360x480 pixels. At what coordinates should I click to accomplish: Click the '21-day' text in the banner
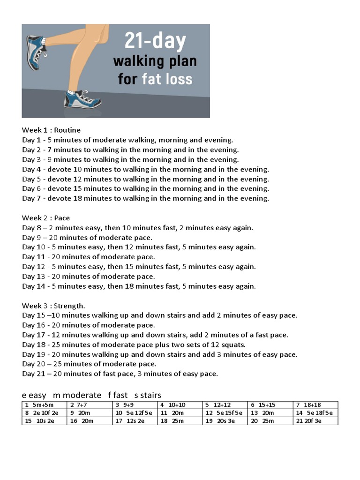coord(155,41)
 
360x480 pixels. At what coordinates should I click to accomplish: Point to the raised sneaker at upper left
coord(37,52)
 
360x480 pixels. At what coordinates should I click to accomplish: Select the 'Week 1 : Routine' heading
coord(51,130)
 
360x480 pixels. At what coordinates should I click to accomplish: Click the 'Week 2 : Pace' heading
coord(45,218)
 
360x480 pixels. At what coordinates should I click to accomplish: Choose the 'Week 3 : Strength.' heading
coord(53,306)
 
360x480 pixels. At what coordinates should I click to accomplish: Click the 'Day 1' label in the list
coord(31,140)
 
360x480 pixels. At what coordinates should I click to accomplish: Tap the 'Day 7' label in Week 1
coord(31,198)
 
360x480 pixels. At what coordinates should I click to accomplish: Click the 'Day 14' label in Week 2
coord(33,286)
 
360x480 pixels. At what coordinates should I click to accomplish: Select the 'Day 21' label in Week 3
coord(33,374)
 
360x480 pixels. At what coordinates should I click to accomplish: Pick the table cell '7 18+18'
coord(315,405)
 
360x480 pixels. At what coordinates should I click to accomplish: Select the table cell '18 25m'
coord(180,421)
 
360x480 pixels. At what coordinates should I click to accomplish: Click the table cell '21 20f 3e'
coord(315,421)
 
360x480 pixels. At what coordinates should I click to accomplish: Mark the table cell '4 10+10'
coord(180,405)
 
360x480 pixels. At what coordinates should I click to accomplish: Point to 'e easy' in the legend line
coord(34,395)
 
